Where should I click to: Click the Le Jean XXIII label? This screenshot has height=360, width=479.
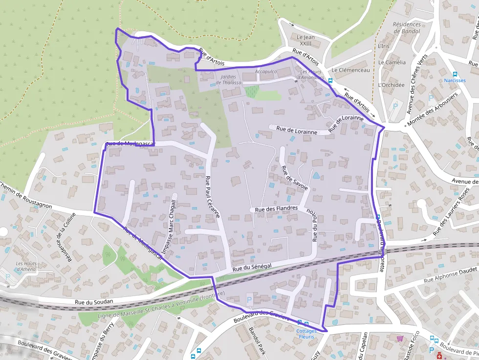tap(305, 40)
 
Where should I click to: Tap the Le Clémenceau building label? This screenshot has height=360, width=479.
tap(350, 70)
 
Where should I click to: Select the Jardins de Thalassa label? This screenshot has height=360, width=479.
tap(229, 80)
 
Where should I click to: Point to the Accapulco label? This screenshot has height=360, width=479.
tap(266, 72)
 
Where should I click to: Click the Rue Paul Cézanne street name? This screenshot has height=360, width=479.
tap(213, 196)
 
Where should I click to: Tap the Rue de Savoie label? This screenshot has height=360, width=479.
tap(295, 177)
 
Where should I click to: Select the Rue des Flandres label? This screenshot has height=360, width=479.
tap(276, 209)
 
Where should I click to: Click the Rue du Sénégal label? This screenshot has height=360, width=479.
tap(252, 266)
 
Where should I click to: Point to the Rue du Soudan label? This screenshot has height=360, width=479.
tap(94, 302)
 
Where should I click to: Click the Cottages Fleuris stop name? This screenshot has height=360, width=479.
tap(306, 334)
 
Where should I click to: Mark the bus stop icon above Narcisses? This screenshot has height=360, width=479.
tap(455, 73)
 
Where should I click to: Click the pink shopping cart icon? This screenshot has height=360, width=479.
tap(400, 338)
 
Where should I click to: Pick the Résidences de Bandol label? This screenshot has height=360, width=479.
tap(407, 28)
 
